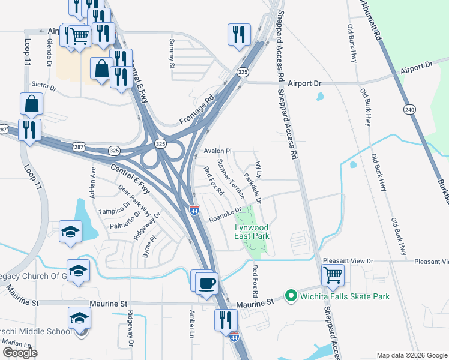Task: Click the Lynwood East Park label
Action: point(252,232)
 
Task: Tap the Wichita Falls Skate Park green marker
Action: point(292,296)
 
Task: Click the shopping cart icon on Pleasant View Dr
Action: point(333,275)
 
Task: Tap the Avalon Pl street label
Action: point(217,151)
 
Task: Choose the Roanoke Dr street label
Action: point(224,214)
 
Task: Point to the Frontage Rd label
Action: point(197,112)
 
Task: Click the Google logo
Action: point(20,352)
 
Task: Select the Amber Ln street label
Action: point(192,322)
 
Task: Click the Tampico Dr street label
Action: point(114,211)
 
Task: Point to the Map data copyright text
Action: point(411,355)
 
